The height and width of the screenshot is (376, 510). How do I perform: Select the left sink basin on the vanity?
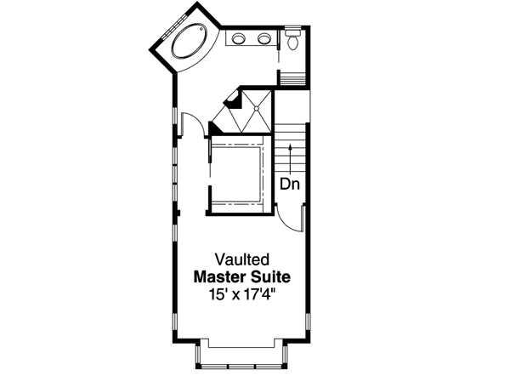(240, 38)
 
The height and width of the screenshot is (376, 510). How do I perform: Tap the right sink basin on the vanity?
(263, 38)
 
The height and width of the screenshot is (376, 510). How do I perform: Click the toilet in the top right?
(293, 39)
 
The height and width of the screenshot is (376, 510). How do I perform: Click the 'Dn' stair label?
(290, 182)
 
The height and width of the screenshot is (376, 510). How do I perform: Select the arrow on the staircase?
(290, 157)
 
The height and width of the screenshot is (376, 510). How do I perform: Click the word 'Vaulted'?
(242, 258)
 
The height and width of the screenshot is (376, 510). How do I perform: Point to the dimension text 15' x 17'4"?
(242, 294)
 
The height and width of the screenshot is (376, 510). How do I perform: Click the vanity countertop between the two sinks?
(252, 38)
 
